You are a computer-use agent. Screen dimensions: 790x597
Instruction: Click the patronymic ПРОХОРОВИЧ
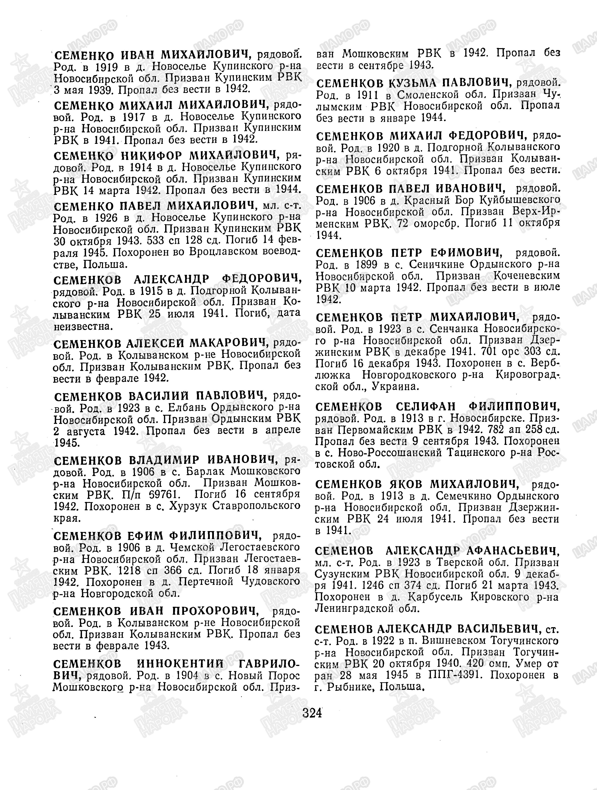(x=215, y=611)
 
